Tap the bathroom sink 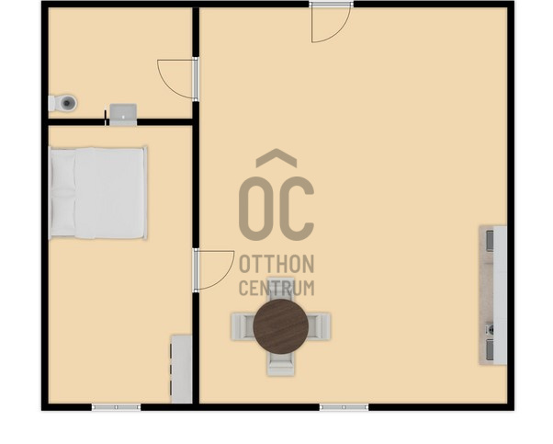[x=123, y=114]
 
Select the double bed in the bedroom [x=97, y=193]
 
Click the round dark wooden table [x=281, y=326]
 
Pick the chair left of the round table [x=243, y=326]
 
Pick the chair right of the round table [x=319, y=326]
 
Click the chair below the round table [x=281, y=363]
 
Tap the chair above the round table [x=281, y=290]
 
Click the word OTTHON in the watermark [x=276, y=264]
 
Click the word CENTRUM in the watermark [x=276, y=288]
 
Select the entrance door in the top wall [x=332, y=23]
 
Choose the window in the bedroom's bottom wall [x=116, y=407]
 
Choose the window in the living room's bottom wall [x=344, y=407]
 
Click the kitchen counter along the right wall [x=493, y=295]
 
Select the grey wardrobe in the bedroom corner [x=182, y=369]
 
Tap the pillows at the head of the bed [x=63, y=193]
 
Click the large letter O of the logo [x=255, y=209]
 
